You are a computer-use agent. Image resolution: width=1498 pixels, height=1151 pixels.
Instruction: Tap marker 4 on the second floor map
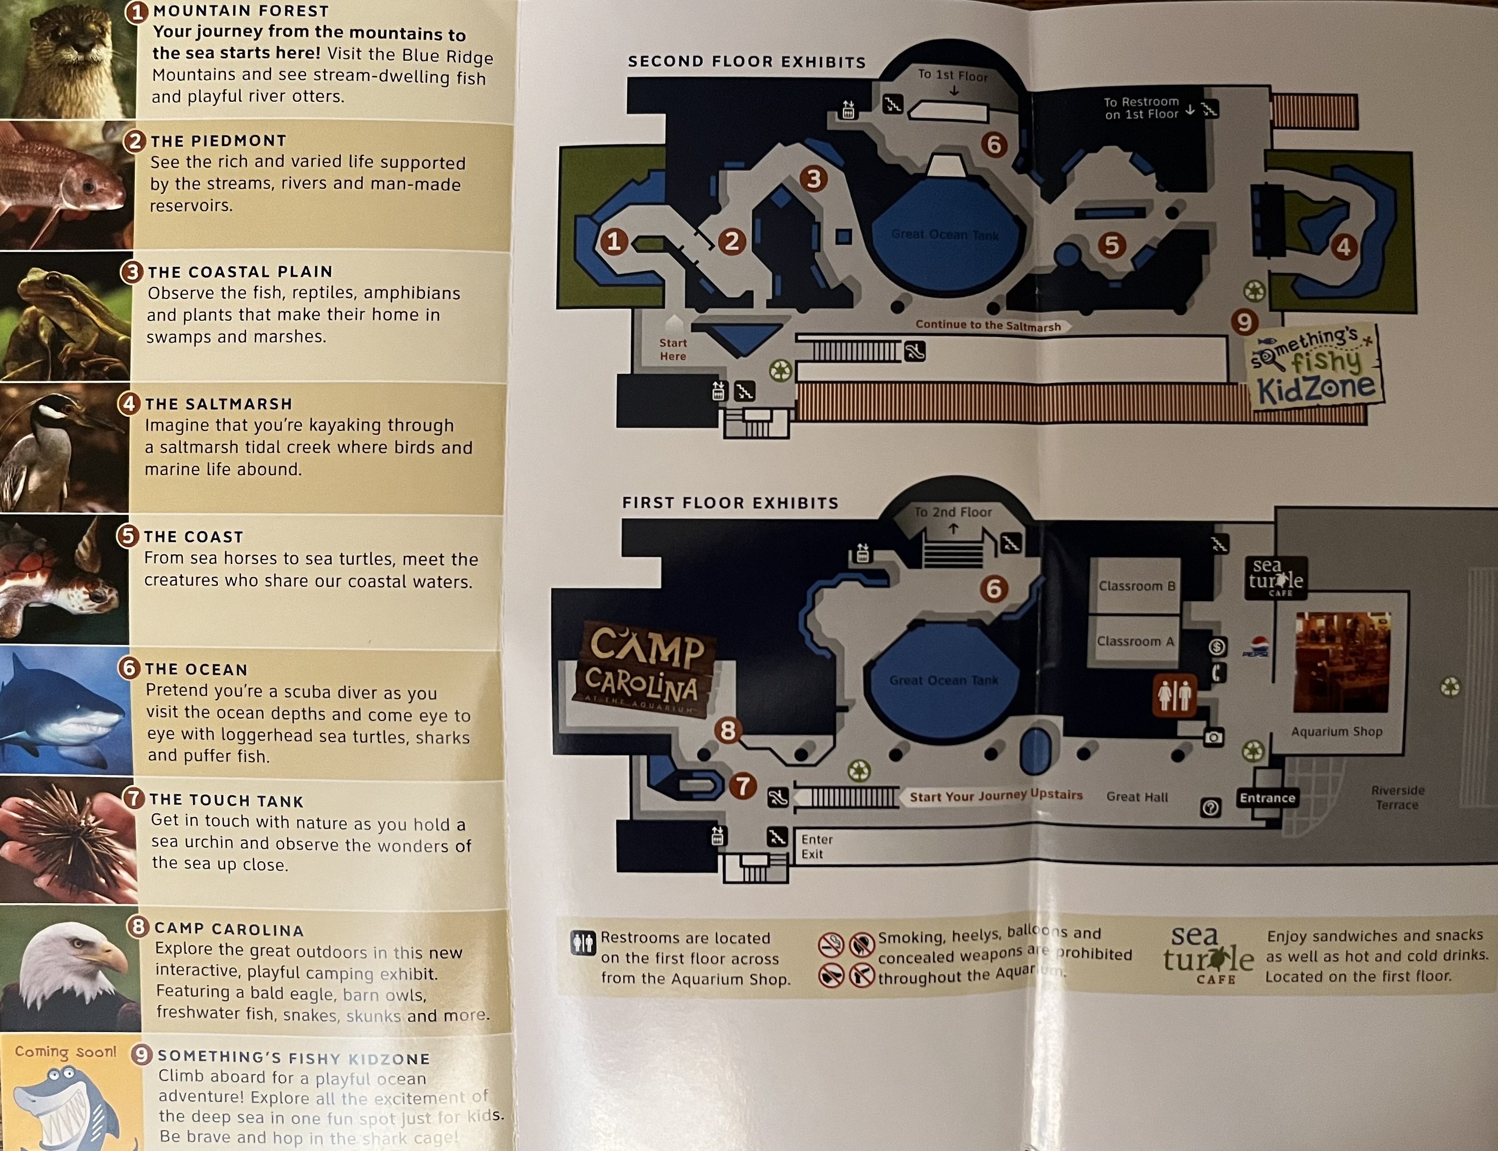[1343, 247]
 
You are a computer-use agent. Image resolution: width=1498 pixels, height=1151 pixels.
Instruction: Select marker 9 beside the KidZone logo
[1244, 321]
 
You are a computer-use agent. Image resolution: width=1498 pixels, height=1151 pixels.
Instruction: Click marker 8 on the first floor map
[728, 731]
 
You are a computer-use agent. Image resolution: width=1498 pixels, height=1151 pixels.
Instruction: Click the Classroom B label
[1136, 586]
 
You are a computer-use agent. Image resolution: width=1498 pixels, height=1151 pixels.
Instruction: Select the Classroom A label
[1135, 641]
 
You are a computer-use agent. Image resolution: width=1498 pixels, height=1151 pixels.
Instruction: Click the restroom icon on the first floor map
[1174, 696]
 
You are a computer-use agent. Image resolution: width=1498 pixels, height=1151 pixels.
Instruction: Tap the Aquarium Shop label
[1337, 732]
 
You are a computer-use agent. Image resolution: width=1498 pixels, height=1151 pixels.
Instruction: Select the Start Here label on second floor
[673, 350]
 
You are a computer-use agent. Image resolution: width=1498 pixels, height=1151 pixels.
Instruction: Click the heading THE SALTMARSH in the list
[218, 404]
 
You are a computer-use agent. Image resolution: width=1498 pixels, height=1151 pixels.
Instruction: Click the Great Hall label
[1137, 797]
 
